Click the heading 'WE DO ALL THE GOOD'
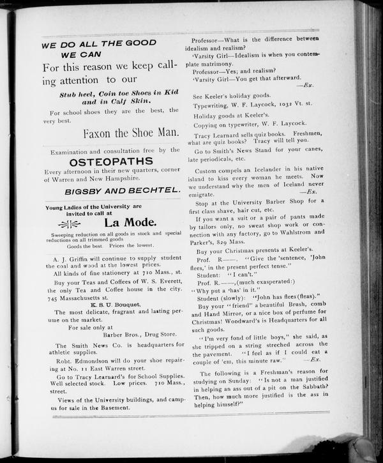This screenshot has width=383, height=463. [x=99, y=43]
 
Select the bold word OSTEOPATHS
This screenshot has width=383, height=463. [x=112, y=162]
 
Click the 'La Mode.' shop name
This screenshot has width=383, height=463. [x=130, y=222]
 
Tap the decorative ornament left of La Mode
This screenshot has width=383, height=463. [x=69, y=224]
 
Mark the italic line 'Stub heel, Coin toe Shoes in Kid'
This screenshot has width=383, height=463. [x=111, y=93]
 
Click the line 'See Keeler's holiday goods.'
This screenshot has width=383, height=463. [x=232, y=95]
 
